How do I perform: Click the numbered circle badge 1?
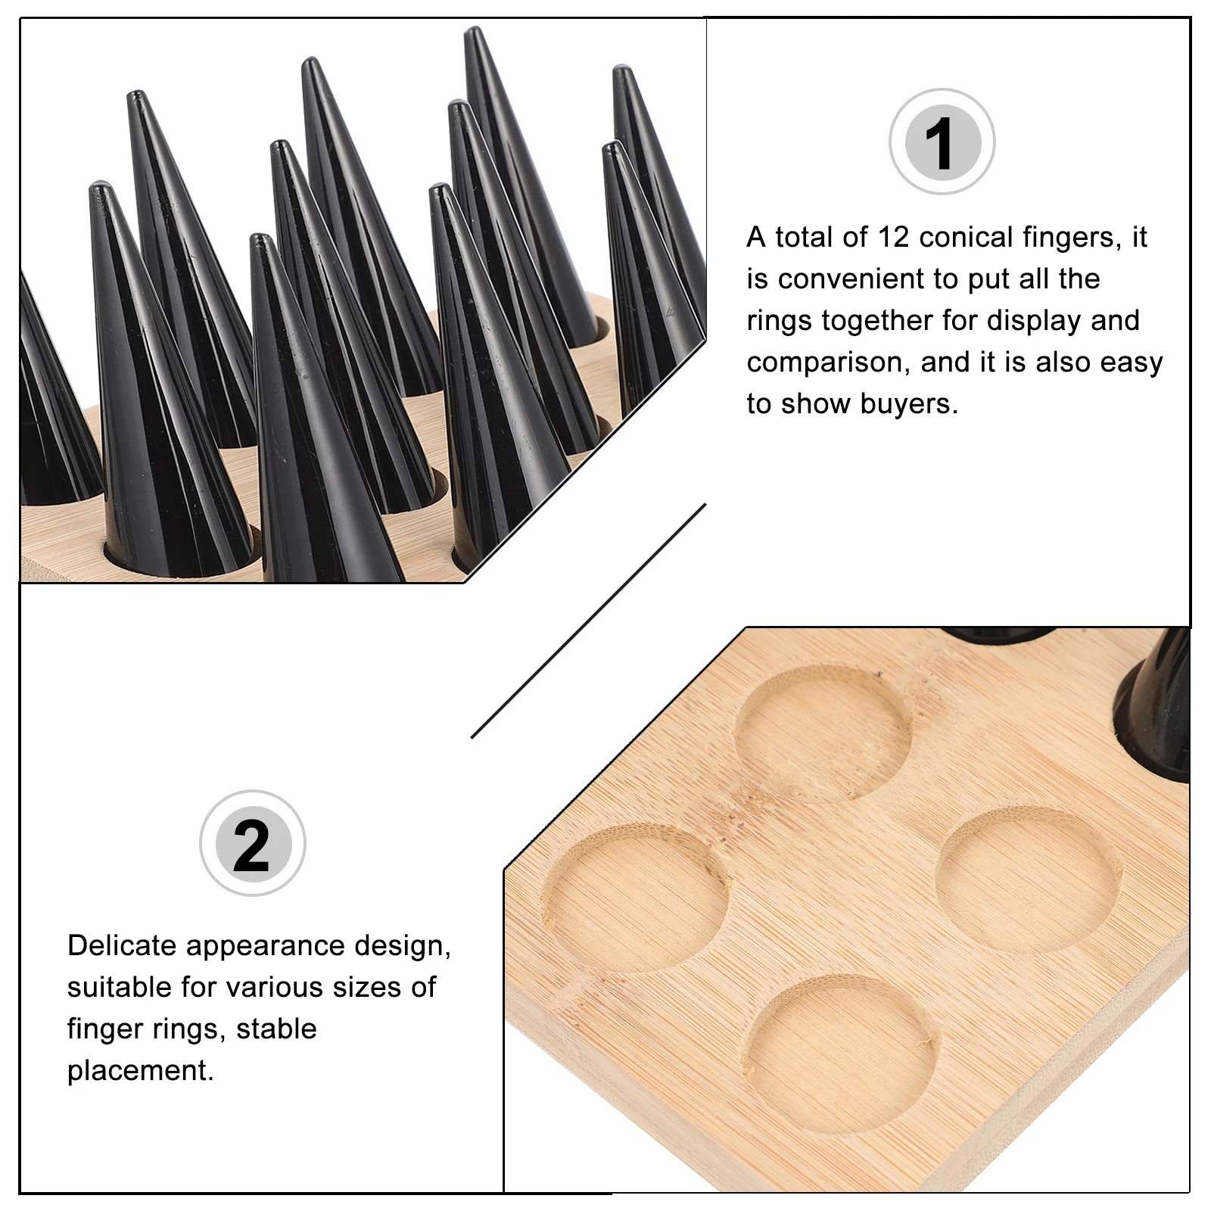(x=942, y=142)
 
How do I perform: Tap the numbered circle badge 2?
(x=252, y=843)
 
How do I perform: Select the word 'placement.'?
(x=141, y=1071)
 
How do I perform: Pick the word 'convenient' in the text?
(x=851, y=279)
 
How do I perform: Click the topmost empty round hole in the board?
(x=824, y=733)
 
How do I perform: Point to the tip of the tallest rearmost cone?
(x=473, y=32)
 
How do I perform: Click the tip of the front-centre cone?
(x=261, y=240)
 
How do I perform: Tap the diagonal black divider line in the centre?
(x=588, y=621)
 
